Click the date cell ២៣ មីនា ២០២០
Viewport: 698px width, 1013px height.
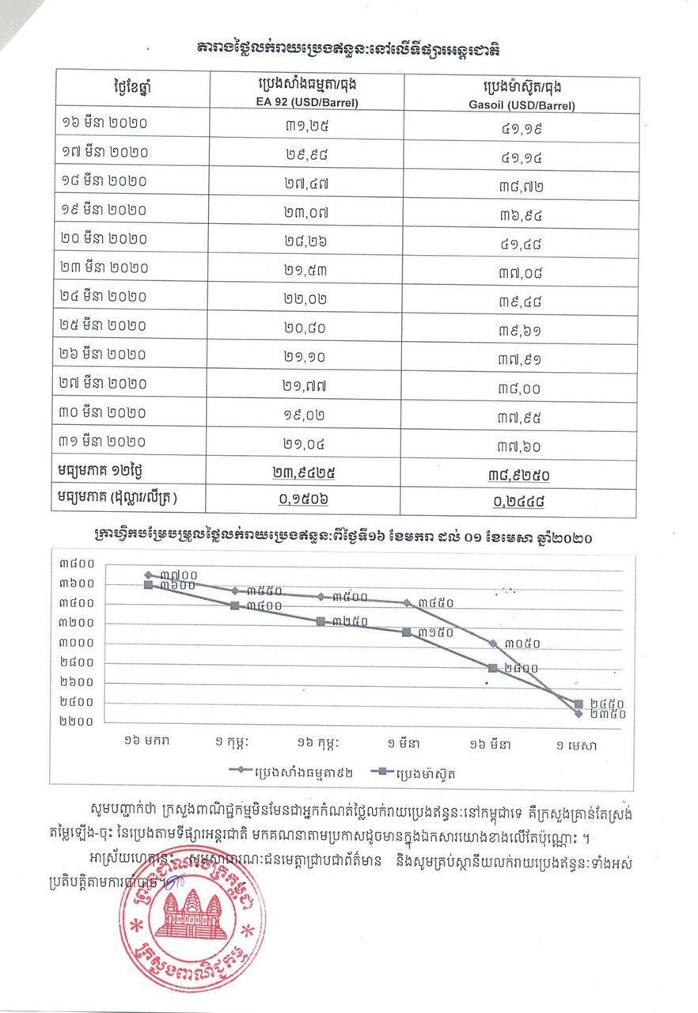(x=104, y=267)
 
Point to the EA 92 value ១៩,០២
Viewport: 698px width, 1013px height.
(x=305, y=412)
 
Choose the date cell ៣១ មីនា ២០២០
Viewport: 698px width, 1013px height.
(x=104, y=441)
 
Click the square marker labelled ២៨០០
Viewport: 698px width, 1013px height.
(x=492, y=668)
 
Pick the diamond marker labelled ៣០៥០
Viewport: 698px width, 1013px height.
(x=492, y=643)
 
